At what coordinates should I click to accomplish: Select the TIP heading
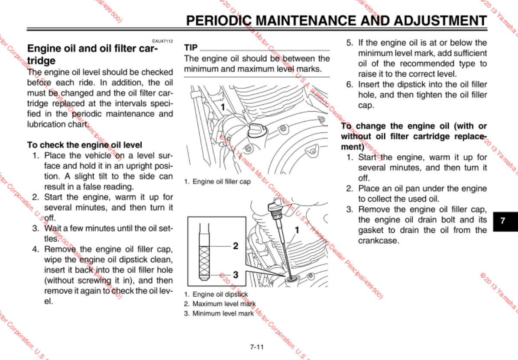tap(191, 48)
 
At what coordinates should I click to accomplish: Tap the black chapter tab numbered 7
tap(502, 220)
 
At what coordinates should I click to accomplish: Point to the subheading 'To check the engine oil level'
tap(84, 145)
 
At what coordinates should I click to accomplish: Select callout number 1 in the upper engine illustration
tap(223, 106)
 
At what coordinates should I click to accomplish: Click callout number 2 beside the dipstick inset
tap(236, 246)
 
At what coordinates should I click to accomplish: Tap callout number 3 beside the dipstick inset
tap(236, 274)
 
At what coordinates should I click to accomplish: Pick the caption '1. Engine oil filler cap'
tap(217, 182)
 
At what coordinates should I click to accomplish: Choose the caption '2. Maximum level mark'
tap(220, 304)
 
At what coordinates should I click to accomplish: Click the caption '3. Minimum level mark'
tap(219, 313)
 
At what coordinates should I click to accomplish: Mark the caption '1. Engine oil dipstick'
tap(216, 294)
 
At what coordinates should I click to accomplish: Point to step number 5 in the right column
tap(349, 43)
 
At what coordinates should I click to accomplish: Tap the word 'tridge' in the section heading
tap(41, 60)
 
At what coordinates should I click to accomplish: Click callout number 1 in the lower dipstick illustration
tap(297, 230)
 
